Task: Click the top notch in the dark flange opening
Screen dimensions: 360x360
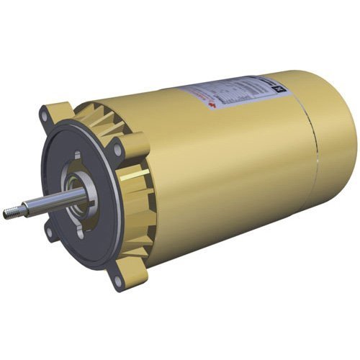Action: click(76, 155)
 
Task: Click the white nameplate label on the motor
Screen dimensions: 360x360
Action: click(230, 97)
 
